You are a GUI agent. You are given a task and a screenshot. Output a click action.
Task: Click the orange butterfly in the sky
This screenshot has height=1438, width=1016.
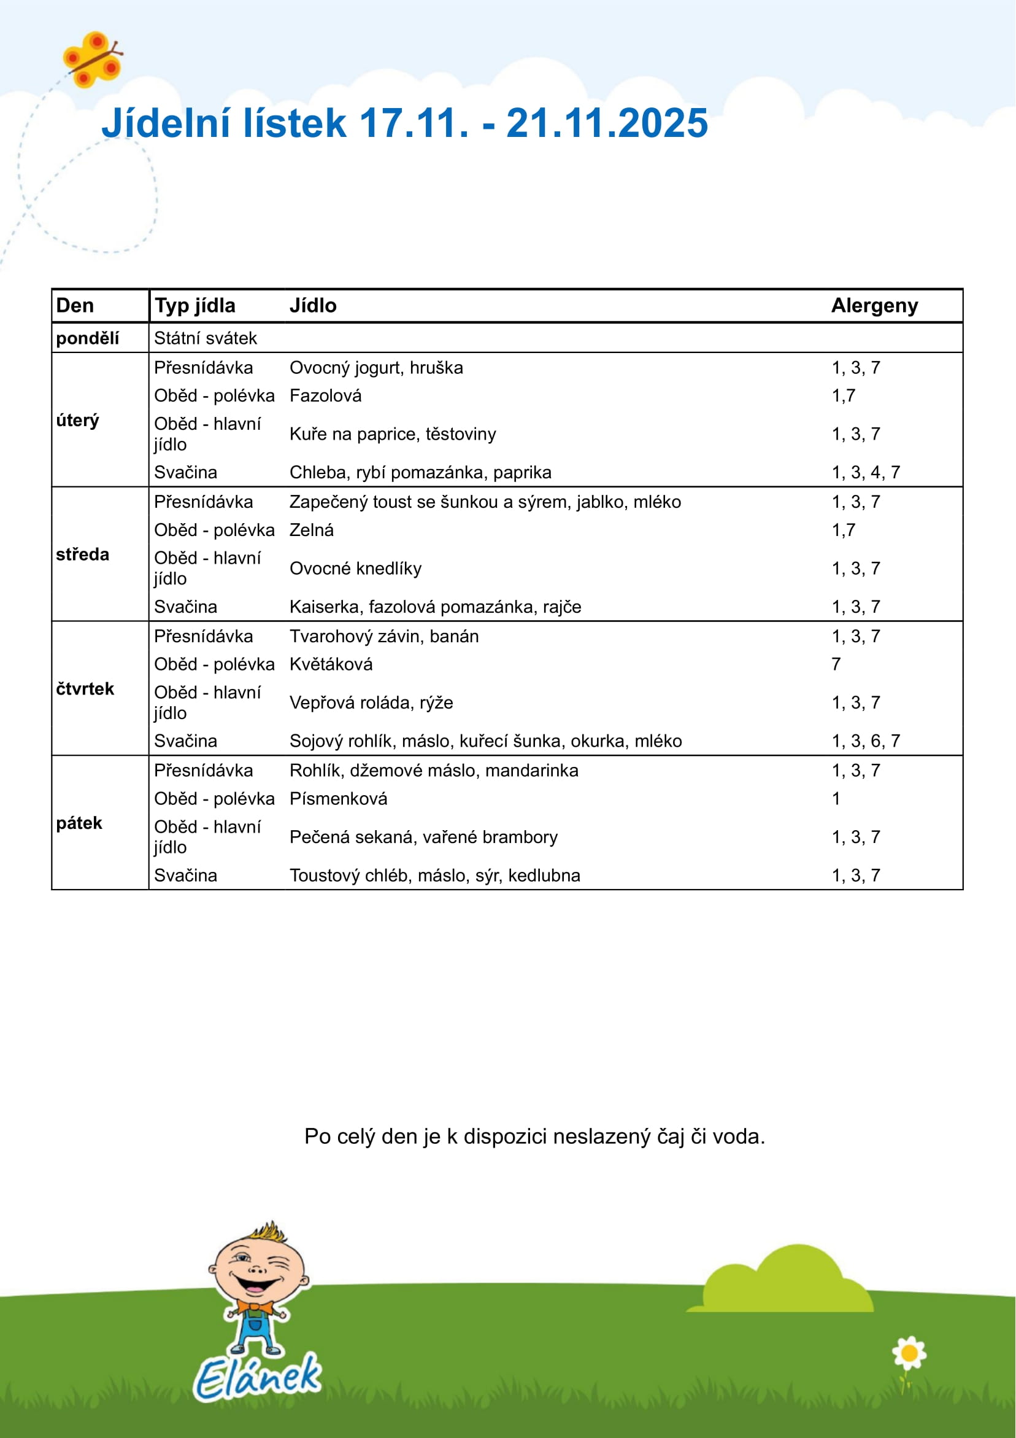pyautogui.click(x=93, y=60)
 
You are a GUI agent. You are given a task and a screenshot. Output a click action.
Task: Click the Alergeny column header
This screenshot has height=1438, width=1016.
pyautogui.click(x=874, y=306)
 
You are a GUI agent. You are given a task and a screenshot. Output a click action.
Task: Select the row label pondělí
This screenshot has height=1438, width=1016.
pyautogui.click(x=87, y=338)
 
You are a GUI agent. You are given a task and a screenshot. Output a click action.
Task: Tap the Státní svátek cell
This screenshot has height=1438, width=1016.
pyautogui.click(x=206, y=338)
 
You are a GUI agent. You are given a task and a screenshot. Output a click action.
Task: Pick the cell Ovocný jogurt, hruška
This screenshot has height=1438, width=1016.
pyautogui.click(x=375, y=368)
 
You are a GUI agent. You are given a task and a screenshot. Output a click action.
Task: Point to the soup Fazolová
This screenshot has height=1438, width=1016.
pyautogui.click(x=325, y=396)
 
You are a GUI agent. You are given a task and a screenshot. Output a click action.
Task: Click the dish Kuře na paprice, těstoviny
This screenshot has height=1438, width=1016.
pyautogui.click(x=392, y=434)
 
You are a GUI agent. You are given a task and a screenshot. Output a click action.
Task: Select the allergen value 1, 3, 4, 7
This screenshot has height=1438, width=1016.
pyautogui.click(x=865, y=472)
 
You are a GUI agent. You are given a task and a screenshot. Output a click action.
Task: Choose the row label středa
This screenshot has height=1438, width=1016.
pyautogui.click(x=82, y=554)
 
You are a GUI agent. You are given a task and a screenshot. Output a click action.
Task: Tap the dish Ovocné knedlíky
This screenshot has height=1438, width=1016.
pyautogui.click(x=355, y=568)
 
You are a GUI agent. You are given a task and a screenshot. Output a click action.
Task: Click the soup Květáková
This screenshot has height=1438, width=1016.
pyautogui.click(x=331, y=664)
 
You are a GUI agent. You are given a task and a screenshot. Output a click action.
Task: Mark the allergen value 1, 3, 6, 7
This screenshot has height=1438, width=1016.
pyautogui.click(x=865, y=741)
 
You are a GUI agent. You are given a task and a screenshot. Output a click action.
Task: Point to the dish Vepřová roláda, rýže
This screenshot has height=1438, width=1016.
pyautogui.click(x=371, y=702)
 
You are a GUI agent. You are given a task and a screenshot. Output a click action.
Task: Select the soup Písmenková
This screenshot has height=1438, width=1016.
pyautogui.click(x=338, y=799)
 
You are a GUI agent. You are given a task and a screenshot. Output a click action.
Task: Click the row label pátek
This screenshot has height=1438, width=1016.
pyautogui.click(x=79, y=823)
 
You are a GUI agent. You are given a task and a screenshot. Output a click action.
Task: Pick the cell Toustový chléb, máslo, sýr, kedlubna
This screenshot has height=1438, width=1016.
pyautogui.click(x=434, y=875)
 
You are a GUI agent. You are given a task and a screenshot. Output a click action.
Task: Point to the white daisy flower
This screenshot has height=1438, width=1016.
pyautogui.click(x=909, y=1352)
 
